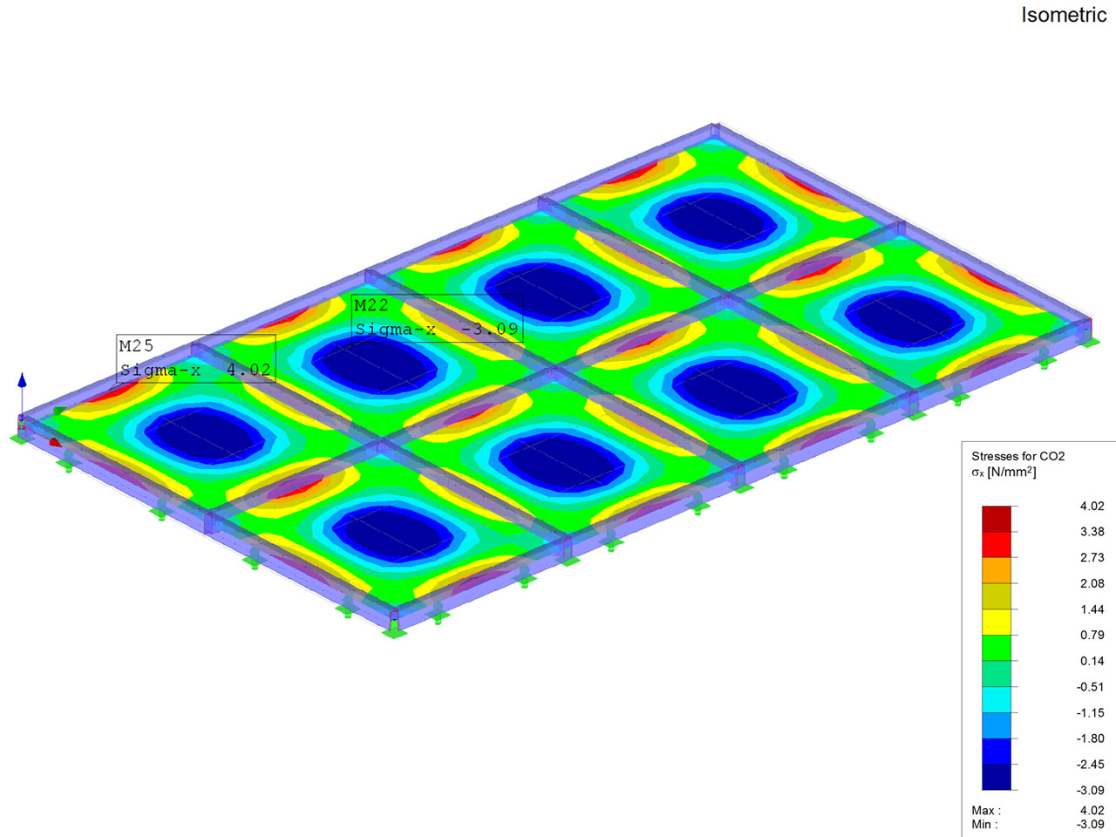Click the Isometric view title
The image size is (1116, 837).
click(x=1064, y=15)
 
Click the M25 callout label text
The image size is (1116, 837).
click(x=136, y=346)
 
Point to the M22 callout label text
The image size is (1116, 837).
click(x=371, y=305)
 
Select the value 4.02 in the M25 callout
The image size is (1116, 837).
click(x=248, y=370)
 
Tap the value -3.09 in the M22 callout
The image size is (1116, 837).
click(x=489, y=330)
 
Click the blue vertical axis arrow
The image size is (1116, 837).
click(x=22, y=394)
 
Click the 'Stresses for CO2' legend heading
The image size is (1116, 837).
click(x=1017, y=456)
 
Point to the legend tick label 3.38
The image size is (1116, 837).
click(x=1092, y=532)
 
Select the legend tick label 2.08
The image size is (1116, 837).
click(x=1092, y=583)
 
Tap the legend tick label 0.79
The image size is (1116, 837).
click(x=1092, y=635)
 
